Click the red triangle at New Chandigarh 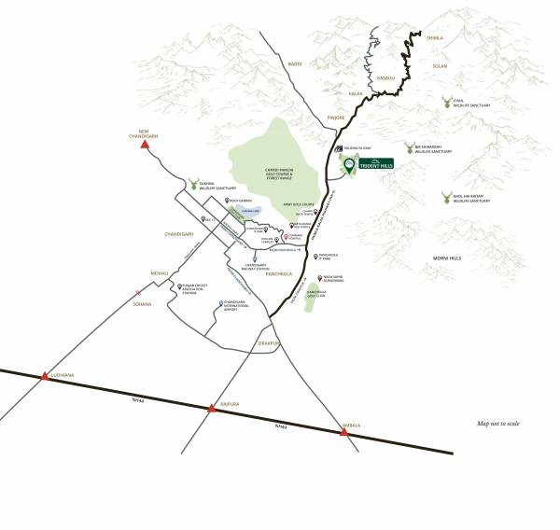(x=145, y=144)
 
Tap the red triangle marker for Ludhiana (x=43, y=376)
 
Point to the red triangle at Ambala (x=344, y=431)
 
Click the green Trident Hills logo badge (x=376, y=163)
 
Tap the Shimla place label (x=434, y=38)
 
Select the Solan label (x=441, y=65)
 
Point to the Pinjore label (x=334, y=119)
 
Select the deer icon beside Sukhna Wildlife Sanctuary (x=194, y=185)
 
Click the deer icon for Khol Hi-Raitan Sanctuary (x=446, y=198)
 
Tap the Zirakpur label (x=269, y=343)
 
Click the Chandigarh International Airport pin (x=220, y=302)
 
